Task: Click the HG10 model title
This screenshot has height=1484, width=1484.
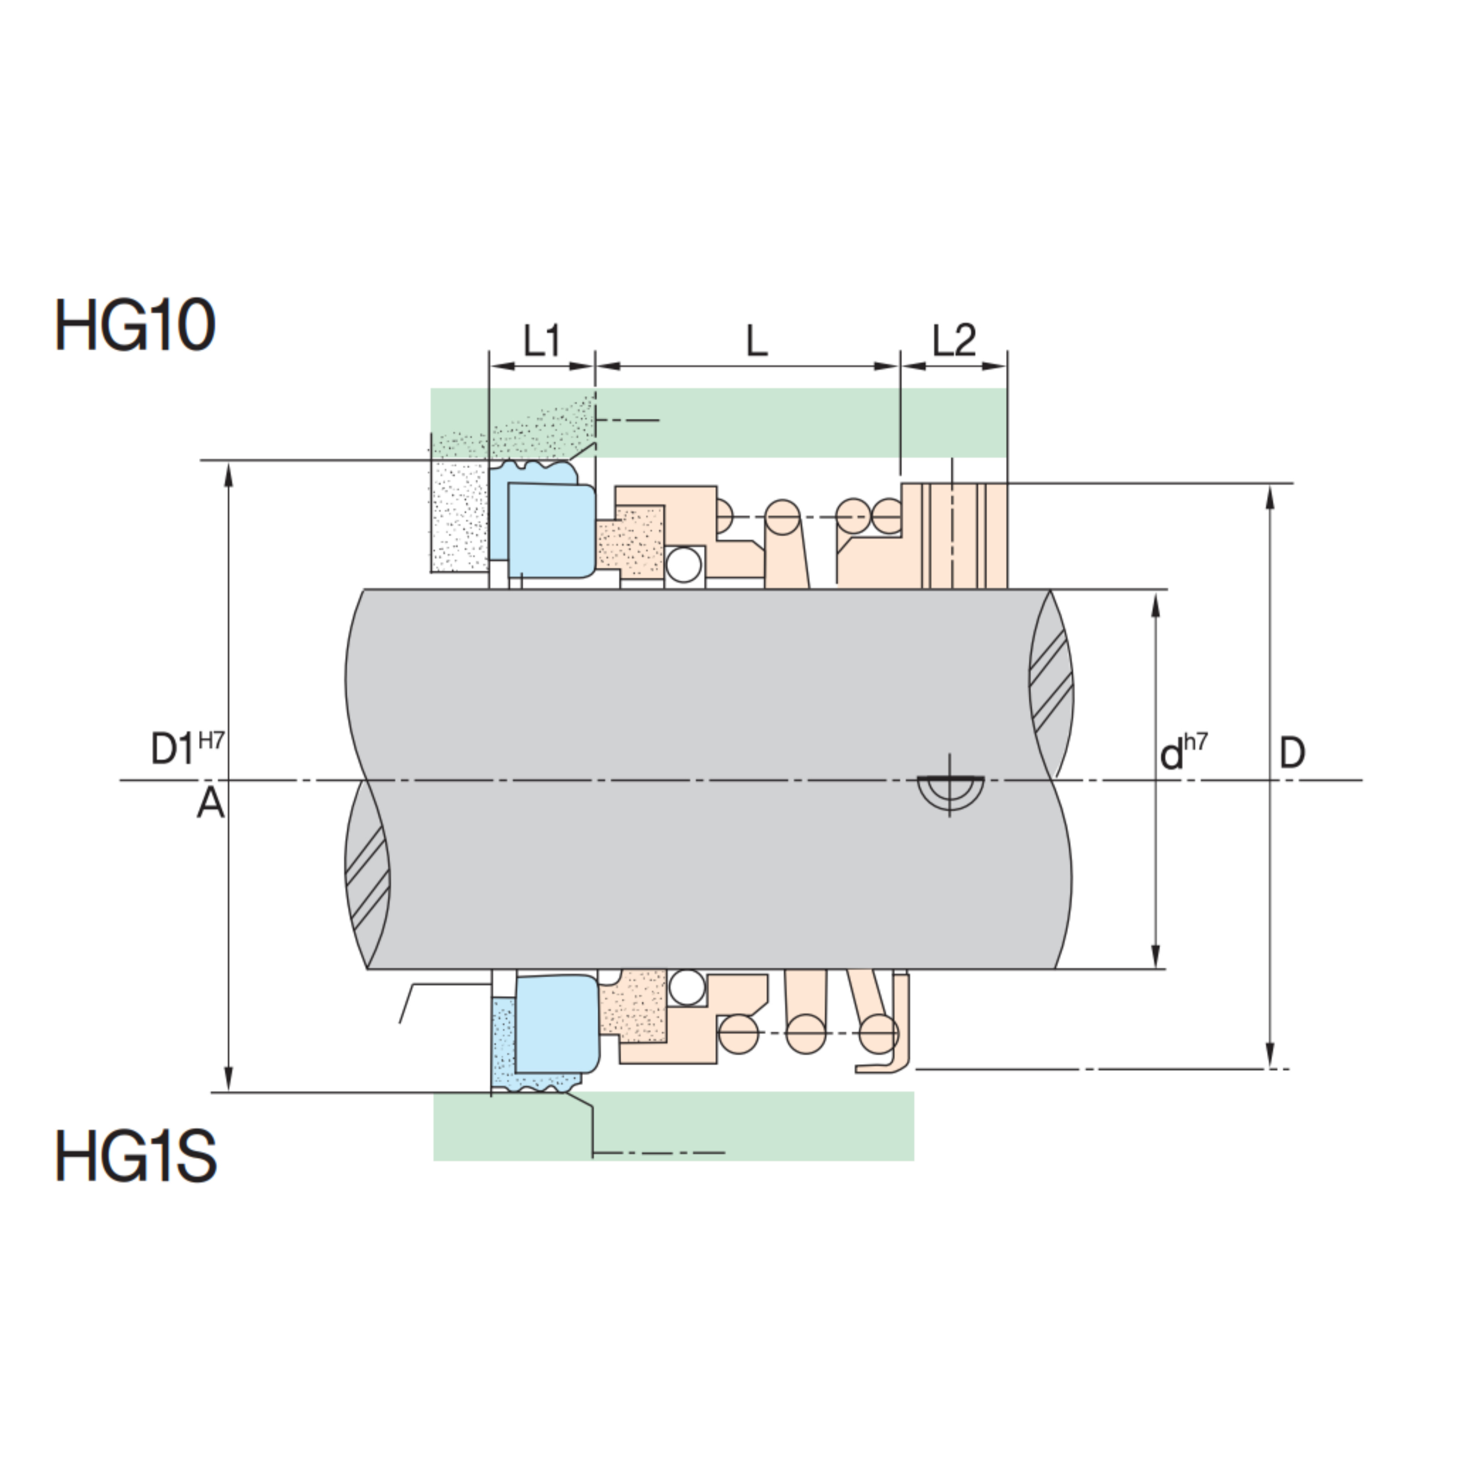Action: click(135, 326)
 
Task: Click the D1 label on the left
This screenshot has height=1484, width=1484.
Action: click(172, 749)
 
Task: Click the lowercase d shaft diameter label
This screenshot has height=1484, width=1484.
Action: click(1171, 754)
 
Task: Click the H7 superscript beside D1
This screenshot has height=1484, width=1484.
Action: click(211, 741)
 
